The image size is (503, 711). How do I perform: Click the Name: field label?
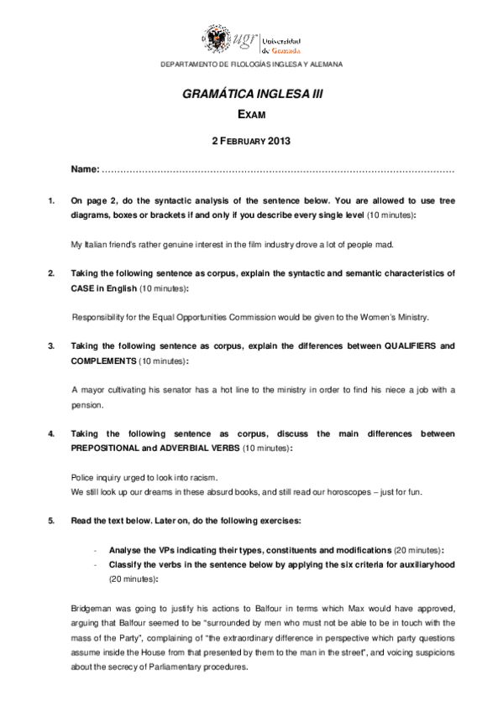(86, 169)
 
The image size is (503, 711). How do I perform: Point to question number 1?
(52, 200)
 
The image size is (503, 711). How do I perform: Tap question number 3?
(52, 345)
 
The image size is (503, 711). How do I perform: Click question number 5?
(52, 521)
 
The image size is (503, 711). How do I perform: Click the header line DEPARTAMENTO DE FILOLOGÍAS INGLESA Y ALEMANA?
(251, 64)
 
